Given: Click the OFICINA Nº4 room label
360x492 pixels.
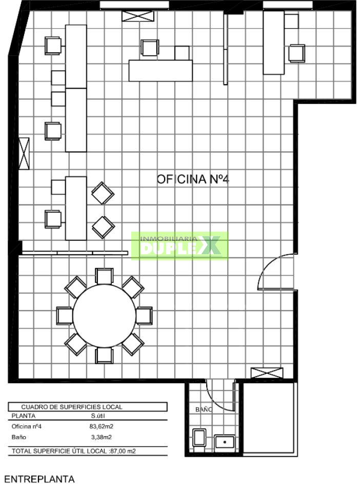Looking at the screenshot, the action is [193, 179].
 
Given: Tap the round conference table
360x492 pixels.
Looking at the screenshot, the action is [104, 316].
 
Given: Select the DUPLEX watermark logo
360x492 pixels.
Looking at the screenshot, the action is [180, 246].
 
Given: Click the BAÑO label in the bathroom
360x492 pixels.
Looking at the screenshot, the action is [204, 409].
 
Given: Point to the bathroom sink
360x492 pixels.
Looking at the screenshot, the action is [225, 442].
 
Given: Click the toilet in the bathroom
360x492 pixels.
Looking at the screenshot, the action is [199, 437].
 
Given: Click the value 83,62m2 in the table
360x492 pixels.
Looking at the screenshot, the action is [101, 426].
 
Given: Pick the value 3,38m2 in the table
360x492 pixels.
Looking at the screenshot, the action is [101, 437].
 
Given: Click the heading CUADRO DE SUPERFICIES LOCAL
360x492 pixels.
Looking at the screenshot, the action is [72, 407].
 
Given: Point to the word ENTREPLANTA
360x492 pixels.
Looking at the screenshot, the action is [39, 479].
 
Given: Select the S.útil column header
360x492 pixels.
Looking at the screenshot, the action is [98, 416].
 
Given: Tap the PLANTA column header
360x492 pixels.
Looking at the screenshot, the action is [24, 416].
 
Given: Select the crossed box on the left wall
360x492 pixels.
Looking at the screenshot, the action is [24, 153].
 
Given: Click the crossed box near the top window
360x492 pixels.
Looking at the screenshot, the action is [138, 16].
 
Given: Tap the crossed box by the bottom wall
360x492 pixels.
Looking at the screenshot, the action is [267, 373].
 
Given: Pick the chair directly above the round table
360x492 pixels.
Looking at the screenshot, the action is [104, 276].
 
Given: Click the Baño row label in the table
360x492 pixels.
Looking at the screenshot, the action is [19, 437].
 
